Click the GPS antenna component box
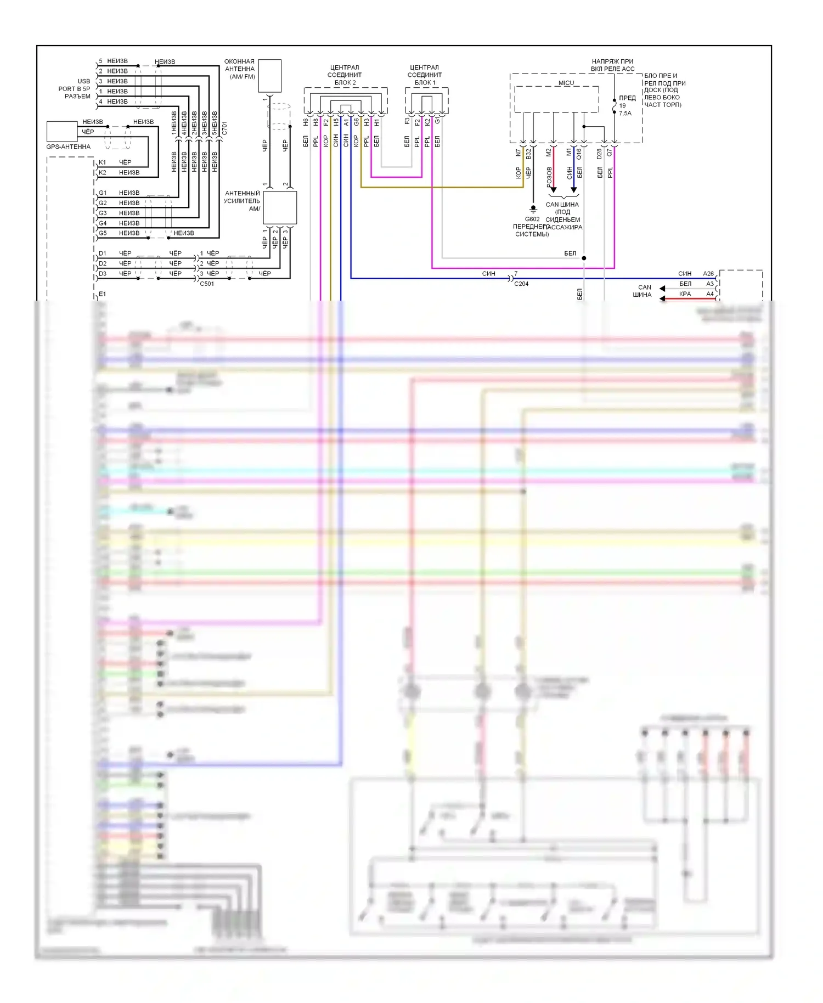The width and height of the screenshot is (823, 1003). pos(61,132)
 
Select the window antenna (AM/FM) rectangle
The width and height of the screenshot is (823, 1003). pos(269,76)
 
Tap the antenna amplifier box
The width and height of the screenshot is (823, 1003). pos(280,208)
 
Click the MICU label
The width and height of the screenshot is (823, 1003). pos(566,83)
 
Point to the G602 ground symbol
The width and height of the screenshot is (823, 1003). pos(533,209)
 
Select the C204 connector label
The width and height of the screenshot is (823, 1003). pos(521,284)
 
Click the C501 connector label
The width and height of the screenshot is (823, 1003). pos(207,284)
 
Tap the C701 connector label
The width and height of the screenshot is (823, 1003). pos(224,128)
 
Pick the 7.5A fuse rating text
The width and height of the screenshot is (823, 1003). pos(625,114)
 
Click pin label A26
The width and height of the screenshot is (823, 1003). pos(708,274)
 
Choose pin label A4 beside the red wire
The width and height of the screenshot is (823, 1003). pos(710,294)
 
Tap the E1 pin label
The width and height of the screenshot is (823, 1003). pos(102,295)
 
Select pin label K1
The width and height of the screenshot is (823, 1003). pos(102,162)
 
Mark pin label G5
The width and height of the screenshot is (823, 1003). pos(103,233)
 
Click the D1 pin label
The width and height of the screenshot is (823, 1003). pos(103,253)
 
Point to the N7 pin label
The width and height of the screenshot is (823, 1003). pos(518,153)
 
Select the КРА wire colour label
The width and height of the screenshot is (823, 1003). pos(685,294)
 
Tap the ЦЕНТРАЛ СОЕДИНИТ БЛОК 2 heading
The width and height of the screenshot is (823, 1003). pos(345,75)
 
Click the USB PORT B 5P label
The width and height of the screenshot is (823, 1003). pos(75,89)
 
